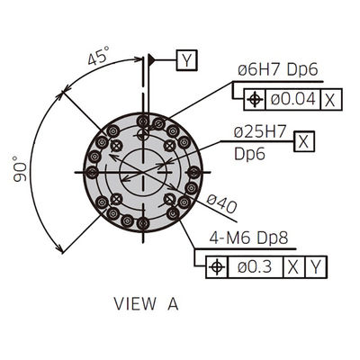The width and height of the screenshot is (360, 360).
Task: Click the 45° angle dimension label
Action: tap(98, 55)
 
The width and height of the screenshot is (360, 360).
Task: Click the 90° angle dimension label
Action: tap(20, 168)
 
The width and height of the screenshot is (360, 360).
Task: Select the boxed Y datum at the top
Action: tap(187, 60)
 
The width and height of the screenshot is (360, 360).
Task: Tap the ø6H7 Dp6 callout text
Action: tap(278, 70)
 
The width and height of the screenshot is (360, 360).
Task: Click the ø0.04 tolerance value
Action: tap(293, 99)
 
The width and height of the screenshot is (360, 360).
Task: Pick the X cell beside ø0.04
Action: tap(330, 100)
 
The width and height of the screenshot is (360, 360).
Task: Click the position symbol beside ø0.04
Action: tap(255, 100)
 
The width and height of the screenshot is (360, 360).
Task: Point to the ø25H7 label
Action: tap(260, 132)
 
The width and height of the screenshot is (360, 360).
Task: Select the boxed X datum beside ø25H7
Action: tap(304, 141)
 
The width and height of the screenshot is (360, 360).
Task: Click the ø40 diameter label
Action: tap(221, 203)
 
